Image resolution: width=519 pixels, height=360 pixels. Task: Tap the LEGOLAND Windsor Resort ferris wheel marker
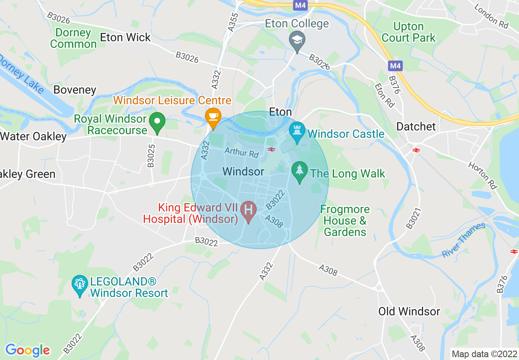pyautogui.click(x=80, y=285)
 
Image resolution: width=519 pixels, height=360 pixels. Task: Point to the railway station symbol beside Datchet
pyautogui.click(x=416, y=151)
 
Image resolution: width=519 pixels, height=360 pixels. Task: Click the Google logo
pyautogui.click(x=27, y=350)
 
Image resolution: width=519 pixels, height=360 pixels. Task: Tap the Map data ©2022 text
pyautogui.click(x=483, y=354)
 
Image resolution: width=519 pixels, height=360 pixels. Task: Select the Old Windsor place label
pyautogui.click(x=409, y=311)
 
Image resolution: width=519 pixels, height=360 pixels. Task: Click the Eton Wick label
pyautogui.click(x=125, y=37)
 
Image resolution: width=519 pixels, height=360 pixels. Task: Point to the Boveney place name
pyautogui.click(x=74, y=90)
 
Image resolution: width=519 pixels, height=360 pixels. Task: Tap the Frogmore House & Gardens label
pyautogui.click(x=345, y=221)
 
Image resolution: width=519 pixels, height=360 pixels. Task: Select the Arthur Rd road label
pyautogui.click(x=242, y=153)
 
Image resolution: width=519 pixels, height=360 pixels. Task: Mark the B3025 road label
pyautogui.click(x=151, y=155)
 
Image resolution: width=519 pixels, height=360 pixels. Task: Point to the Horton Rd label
pyautogui.click(x=483, y=175)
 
